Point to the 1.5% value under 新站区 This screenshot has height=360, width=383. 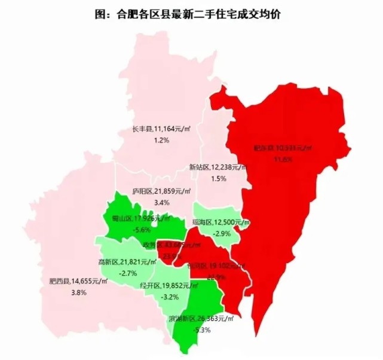219,178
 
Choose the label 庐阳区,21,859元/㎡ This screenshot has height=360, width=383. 161,192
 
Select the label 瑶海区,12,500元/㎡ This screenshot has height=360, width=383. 220,222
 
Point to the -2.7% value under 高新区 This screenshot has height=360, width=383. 128,273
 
